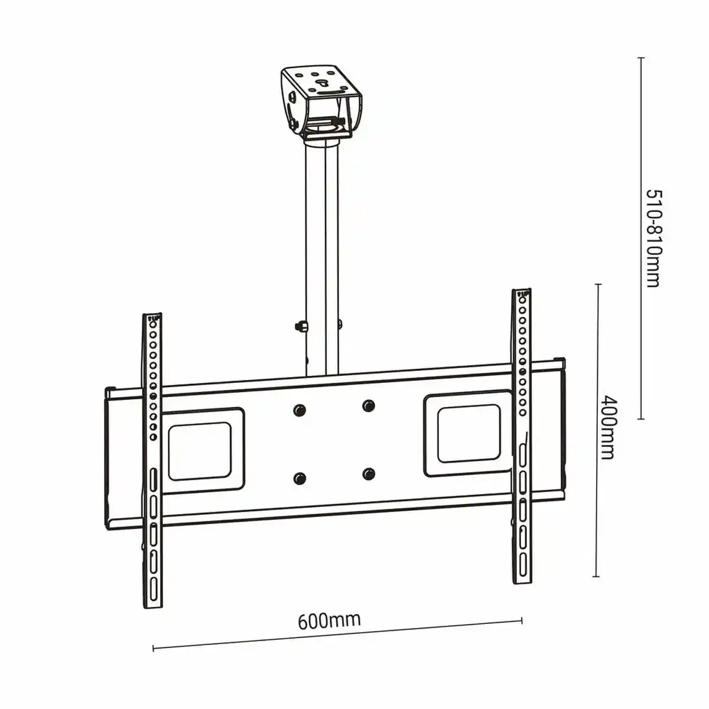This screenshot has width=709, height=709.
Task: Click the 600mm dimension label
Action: coord(329,620)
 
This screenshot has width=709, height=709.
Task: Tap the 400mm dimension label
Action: coord(608,427)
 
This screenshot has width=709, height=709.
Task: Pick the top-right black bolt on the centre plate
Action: coord(369,406)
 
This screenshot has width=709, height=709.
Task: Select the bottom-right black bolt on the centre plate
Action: coord(369,473)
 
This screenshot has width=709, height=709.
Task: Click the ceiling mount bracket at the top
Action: coord(321,100)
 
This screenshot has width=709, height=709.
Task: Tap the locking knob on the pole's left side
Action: coord(299,326)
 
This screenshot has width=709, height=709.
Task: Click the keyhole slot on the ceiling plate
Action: coord(322,83)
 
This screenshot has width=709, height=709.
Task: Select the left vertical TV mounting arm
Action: coord(152,461)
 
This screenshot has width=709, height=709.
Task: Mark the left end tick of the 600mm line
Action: coord(154,648)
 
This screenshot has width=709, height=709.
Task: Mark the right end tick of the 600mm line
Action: coord(522,620)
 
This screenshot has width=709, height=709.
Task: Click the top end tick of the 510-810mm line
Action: coord(640,57)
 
